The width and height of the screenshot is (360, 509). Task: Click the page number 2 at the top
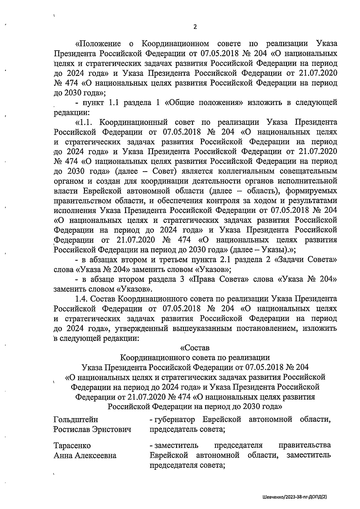(195, 27)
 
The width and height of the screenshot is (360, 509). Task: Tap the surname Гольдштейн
(76, 419)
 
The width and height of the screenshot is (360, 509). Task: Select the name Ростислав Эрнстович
(92, 429)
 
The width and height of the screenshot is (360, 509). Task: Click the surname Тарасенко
(72, 445)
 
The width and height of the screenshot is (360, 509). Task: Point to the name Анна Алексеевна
(85, 456)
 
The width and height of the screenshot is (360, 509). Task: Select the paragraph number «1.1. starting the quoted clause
(85, 122)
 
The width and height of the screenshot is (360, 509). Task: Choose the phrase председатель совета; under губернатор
(187, 429)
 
